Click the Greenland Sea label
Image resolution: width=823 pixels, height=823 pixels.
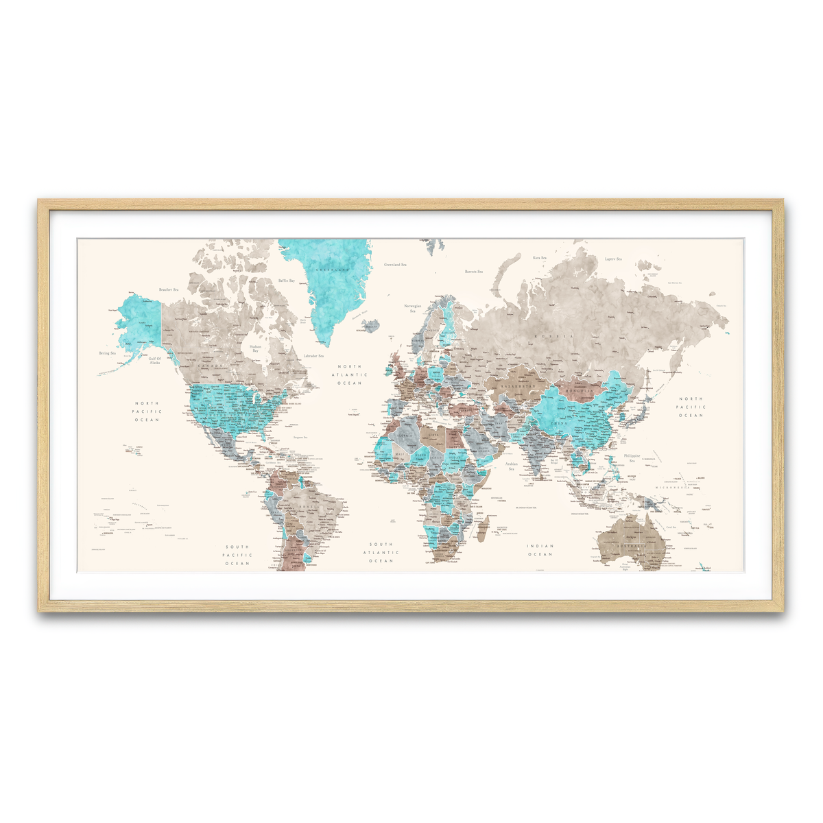click(x=394, y=265)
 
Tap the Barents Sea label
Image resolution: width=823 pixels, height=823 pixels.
click(x=475, y=272)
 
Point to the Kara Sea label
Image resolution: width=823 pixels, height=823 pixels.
click(x=540, y=258)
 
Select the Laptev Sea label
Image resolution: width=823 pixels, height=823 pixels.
click(x=612, y=259)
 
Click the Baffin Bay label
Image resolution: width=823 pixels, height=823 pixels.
click(x=287, y=281)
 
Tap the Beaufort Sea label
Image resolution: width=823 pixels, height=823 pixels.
click(x=168, y=290)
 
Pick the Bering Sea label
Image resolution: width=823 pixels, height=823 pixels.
click(x=108, y=353)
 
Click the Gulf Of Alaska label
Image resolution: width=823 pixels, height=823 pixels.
click(x=154, y=360)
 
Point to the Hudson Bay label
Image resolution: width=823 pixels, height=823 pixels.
click(x=254, y=348)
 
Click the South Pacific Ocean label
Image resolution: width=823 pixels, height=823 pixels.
click(x=238, y=555)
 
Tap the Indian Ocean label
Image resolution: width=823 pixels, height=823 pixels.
click(x=540, y=550)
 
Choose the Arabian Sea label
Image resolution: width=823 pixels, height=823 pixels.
click(x=511, y=466)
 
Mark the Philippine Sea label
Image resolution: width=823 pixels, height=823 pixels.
click(x=632, y=457)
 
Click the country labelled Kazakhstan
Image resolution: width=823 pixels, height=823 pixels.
click(x=517, y=387)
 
